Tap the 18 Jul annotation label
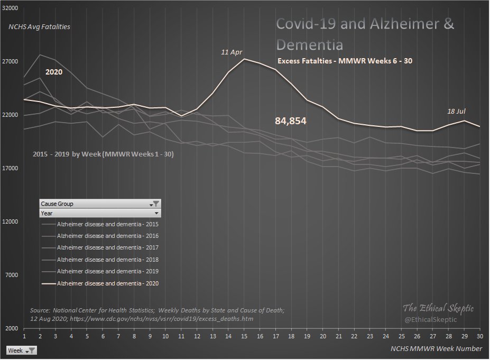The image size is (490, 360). tap(456, 111)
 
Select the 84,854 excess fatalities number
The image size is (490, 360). tap(291, 121)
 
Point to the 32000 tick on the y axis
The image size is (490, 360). tap(11, 9)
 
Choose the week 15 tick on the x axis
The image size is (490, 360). tap(244, 336)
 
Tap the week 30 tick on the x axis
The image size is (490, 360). tap(479, 336)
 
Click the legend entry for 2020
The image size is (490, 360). tap(107, 283)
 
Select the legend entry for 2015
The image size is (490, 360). tap(107, 224)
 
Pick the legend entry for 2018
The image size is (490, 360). tap(107, 260)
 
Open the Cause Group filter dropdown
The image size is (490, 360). tap(156, 204)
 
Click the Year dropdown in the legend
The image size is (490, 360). tap(156, 213)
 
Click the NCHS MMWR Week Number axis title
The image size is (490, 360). tap(436, 348)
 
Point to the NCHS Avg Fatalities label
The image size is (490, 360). tap(39, 26)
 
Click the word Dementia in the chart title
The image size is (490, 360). tap(310, 43)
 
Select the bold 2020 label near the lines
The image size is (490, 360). tap(53, 71)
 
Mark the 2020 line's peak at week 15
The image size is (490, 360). tap(244, 59)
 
